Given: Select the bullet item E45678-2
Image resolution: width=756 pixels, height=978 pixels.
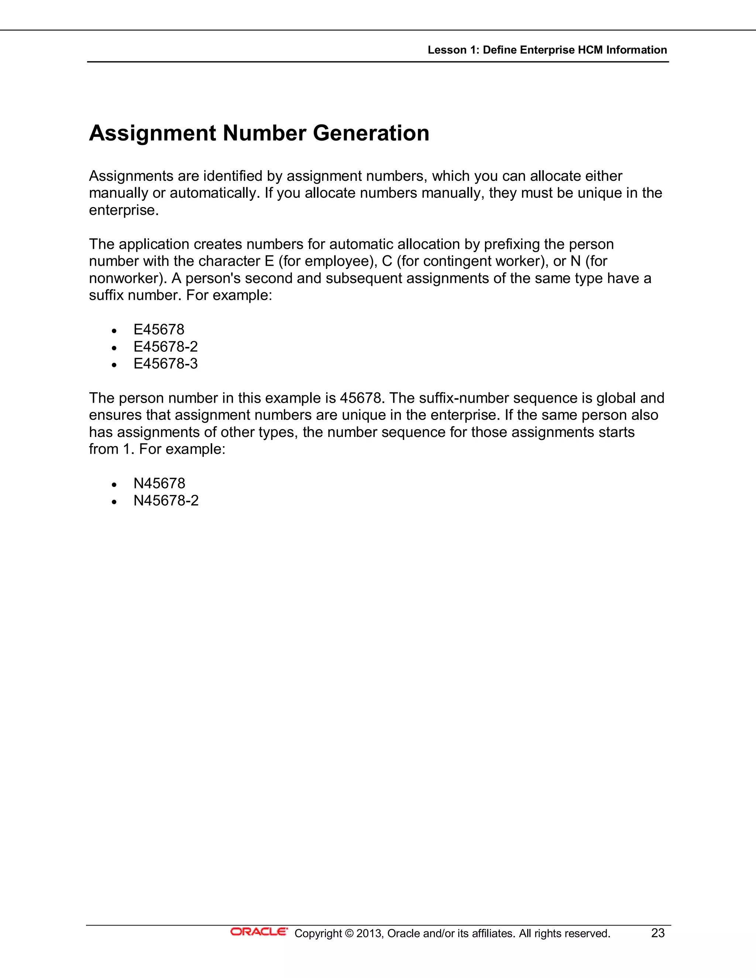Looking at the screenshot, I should pos(165,347).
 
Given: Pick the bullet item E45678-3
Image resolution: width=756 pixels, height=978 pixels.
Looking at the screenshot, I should pos(165,364).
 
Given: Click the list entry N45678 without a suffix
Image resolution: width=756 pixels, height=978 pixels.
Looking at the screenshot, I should pos(159,483).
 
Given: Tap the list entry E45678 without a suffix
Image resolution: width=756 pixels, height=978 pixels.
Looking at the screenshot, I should pos(158,330).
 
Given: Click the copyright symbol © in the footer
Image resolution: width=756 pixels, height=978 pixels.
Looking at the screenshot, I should pos(349,933).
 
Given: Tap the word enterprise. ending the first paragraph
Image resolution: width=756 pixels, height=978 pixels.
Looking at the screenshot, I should pos(124,210).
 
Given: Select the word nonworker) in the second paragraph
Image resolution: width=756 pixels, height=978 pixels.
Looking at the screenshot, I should pos(128,279).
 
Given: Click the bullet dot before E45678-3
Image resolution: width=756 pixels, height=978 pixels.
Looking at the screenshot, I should pos(115,365).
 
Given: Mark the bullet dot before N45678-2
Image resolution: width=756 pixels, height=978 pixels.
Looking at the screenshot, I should pos(115,502).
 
